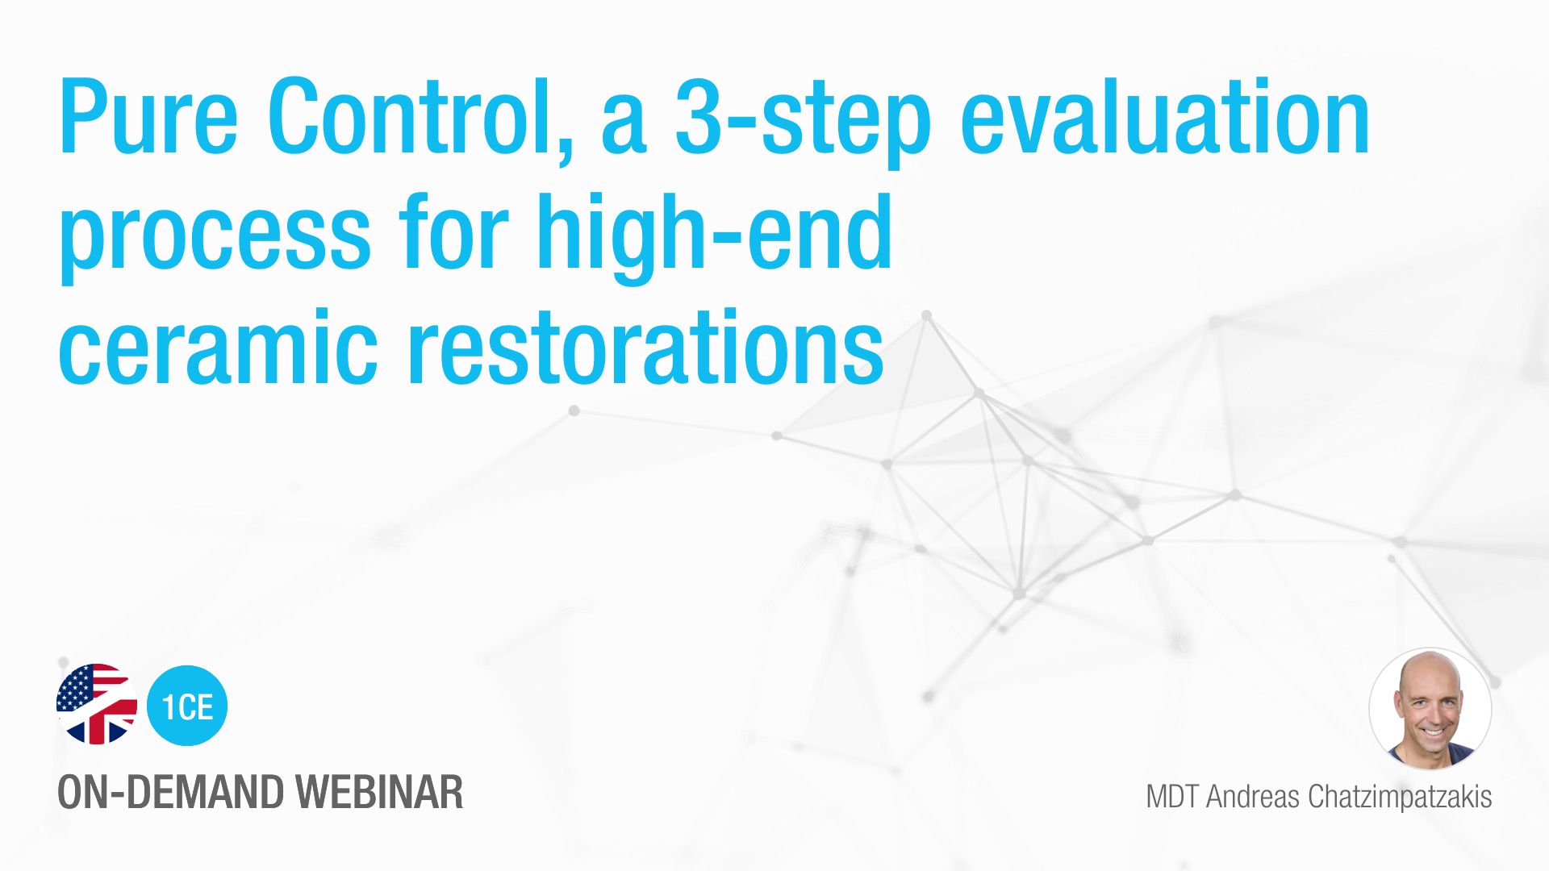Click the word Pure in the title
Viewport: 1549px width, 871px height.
pos(148,116)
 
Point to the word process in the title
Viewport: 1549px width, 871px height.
pos(215,238)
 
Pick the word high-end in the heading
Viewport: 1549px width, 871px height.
pos(715,238)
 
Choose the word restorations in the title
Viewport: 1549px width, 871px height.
pos(645,347)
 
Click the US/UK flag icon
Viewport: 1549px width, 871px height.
pos(96,704)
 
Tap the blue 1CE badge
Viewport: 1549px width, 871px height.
pos(187,705)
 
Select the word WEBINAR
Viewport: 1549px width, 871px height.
pos(378,793)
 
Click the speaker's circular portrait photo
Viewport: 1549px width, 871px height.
pos(1430,709)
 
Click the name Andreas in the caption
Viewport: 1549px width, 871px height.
pos(1253,797)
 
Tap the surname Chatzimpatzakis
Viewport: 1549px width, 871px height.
pos(1400,798)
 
